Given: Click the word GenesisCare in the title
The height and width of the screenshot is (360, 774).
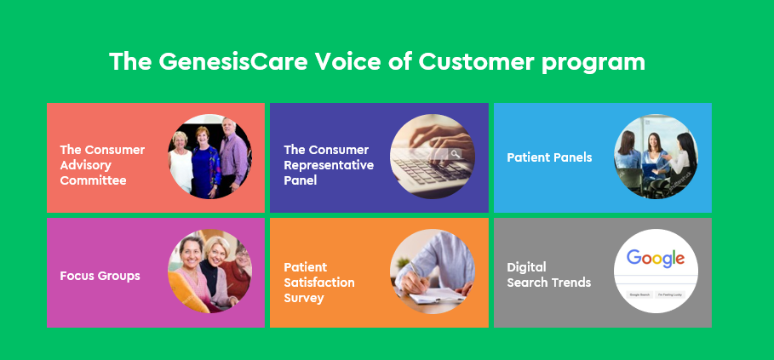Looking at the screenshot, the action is [x=234, y=62].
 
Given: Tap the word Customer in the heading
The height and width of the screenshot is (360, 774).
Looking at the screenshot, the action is [x=476, y=62].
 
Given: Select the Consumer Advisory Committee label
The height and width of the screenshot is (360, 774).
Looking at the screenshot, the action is [x=102, y=165].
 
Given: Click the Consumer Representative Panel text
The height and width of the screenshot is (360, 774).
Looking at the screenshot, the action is [x=329, y=165].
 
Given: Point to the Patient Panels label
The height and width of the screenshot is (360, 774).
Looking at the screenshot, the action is [x=549, y=157].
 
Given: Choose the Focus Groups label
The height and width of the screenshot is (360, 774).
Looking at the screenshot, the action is [x=100, y=276].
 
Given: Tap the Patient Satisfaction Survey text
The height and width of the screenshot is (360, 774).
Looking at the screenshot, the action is [x=318, y=283].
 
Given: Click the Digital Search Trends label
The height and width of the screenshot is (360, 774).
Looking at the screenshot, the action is [x=549, y=275].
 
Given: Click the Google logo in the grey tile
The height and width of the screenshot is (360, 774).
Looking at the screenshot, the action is [x=656, y=259].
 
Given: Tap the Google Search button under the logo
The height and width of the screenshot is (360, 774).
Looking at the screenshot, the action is [x=639, y=294].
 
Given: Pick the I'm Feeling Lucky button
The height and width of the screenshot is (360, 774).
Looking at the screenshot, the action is [x=670, y=294].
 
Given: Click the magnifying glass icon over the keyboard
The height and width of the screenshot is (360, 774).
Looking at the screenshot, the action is [x=456, y=154].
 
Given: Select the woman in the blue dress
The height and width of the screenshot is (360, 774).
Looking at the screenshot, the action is [x=206, y=163].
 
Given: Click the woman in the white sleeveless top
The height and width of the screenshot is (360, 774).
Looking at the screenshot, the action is [x=181, y=162].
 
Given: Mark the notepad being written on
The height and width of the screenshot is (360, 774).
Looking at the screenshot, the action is [x=434, y=296].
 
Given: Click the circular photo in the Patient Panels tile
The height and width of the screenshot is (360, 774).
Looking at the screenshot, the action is [x=656, y=157].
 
